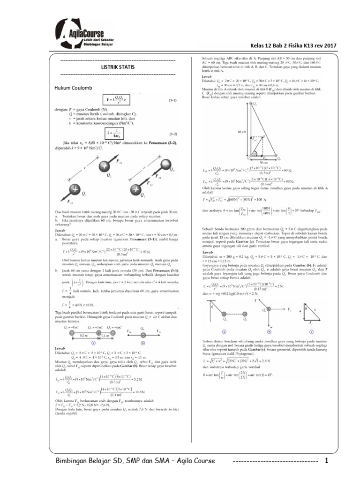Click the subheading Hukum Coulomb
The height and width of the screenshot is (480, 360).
74,88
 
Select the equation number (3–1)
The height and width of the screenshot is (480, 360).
173,100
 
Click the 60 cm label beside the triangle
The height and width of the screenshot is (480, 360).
242,132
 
